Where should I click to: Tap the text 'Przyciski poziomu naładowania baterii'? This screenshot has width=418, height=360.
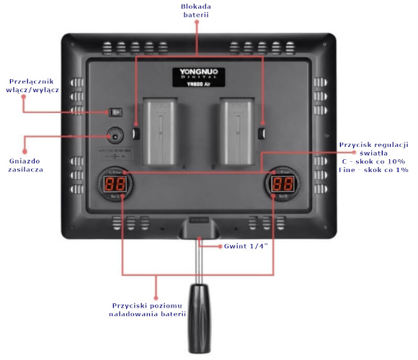point(147,309)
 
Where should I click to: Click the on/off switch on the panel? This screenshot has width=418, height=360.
point(116,112)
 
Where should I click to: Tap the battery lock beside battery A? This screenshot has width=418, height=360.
point(138,133)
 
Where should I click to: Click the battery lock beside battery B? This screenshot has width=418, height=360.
point(262,133)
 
